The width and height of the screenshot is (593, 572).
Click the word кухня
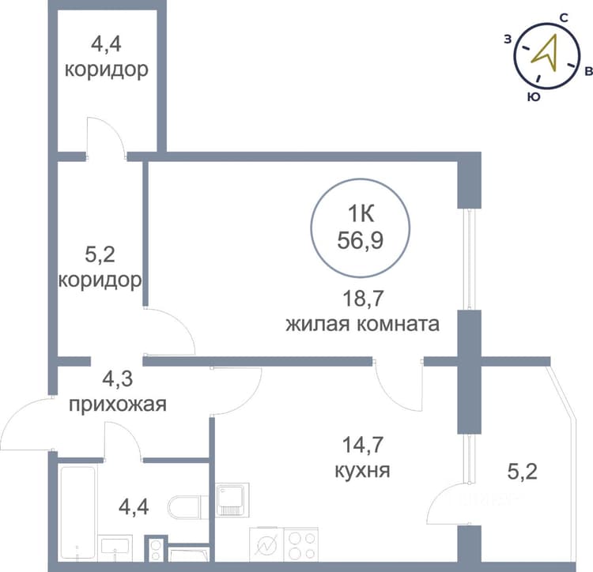362,471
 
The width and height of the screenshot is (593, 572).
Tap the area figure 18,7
363,298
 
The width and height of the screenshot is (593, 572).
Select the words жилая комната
362,324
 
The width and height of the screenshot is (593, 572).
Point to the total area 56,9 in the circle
361,240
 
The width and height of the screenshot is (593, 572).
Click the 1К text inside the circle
361,214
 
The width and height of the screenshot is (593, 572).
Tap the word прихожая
118,405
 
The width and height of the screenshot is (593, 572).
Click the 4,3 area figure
118,378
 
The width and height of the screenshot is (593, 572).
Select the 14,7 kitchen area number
363,445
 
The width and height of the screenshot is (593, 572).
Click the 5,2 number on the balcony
522,472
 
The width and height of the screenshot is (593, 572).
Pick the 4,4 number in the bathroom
134,507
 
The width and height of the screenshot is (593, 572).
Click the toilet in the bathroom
187,507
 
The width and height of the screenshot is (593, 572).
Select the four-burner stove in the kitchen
300,544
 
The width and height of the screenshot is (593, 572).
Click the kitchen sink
232,499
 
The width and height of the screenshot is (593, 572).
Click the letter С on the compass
564,18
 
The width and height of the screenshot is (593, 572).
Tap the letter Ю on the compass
533,97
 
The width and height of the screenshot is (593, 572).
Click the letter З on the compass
508,39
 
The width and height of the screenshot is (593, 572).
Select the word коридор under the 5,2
100,280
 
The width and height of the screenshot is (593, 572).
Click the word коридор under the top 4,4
106,70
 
